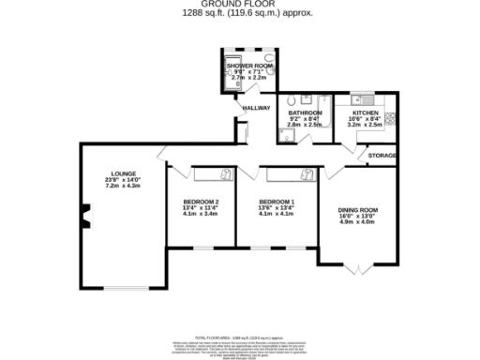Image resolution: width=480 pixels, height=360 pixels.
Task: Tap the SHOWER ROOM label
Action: (246, 66)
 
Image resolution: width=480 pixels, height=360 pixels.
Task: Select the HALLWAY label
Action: (256, 108)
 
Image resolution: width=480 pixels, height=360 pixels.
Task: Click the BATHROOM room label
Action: (306, 113)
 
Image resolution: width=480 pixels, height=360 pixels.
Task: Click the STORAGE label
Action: (382, 155)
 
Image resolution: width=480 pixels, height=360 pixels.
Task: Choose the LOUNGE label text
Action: (124, 173)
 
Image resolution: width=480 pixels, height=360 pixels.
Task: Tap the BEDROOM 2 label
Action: (201, 202)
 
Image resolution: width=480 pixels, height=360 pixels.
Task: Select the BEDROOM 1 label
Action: (277, 202)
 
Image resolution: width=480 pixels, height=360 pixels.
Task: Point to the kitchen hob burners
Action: (391, 118)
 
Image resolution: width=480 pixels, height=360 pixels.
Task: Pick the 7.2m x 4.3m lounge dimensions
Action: (124, 187)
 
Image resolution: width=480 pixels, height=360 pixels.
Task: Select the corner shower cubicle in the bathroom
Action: (286, 136)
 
